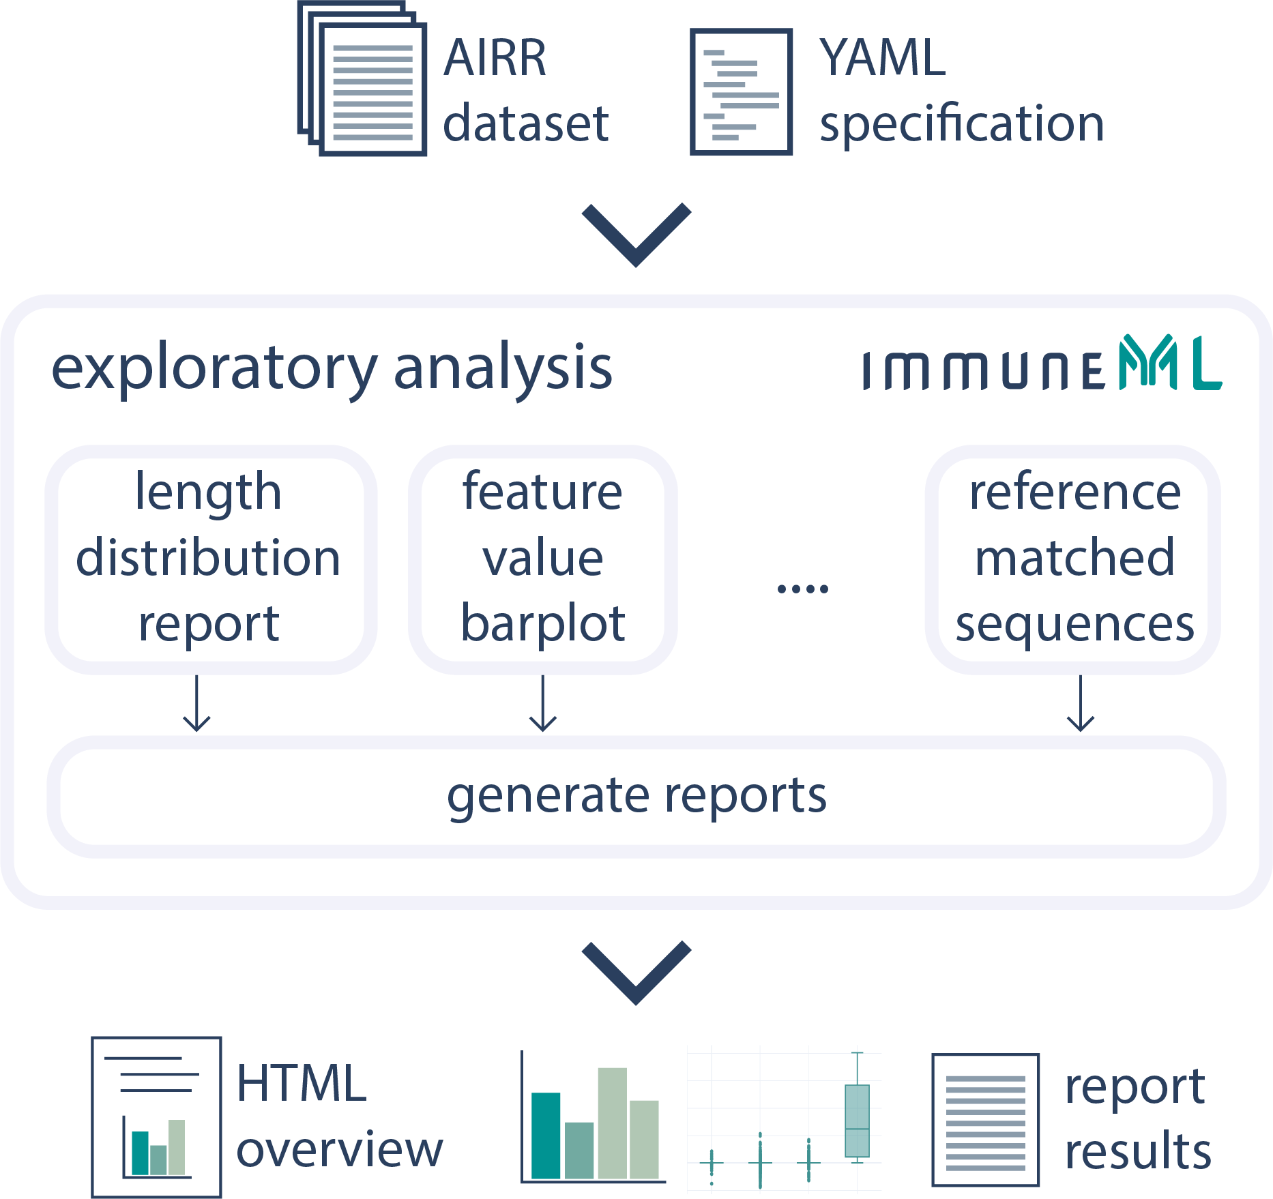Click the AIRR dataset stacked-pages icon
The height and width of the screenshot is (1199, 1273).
[363, 79]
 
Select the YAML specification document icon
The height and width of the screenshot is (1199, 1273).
[741, 92]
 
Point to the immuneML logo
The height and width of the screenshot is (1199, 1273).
[1042, 365]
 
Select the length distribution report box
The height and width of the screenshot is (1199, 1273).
[210, 559]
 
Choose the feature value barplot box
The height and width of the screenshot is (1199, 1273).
[542, 559]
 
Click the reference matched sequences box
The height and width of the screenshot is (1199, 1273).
[1073, 559]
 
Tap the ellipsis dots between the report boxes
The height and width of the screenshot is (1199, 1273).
[802, 588]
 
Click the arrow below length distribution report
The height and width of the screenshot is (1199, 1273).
[197, 704]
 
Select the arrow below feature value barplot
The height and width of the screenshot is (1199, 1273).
[543, 704]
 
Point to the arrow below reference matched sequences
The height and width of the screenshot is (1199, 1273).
[1081, 704]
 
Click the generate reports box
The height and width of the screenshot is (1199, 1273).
[636, 796]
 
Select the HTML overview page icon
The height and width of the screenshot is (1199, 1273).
[156, 1116]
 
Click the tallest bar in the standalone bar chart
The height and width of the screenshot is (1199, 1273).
[612, 1123]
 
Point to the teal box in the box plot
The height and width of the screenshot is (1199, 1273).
[857, 1121]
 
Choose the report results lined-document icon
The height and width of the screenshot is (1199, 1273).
[985, 1119]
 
